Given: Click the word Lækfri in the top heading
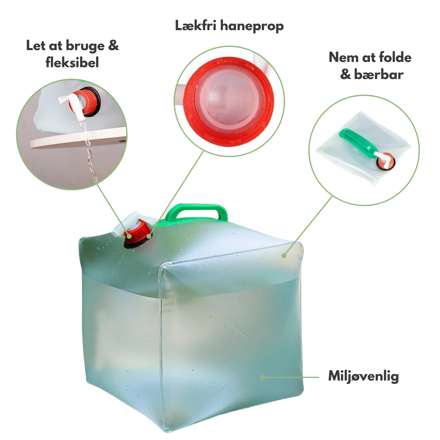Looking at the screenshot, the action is coord(196,26).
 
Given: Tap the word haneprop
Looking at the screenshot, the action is coord(252,26).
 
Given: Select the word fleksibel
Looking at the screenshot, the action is coord(72,62).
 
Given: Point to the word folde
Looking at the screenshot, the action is coord(395,57).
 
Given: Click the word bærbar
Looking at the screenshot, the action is coord(379,75).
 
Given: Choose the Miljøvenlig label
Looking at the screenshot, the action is coord(363,376).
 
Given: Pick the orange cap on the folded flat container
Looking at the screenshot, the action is coord(385,161).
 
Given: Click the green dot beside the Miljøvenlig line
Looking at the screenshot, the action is coord(263,377).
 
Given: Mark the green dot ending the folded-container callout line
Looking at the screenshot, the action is coord(284,255).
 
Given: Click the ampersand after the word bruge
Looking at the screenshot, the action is coord(113,46).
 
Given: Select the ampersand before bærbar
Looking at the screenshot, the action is coord(346,75).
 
